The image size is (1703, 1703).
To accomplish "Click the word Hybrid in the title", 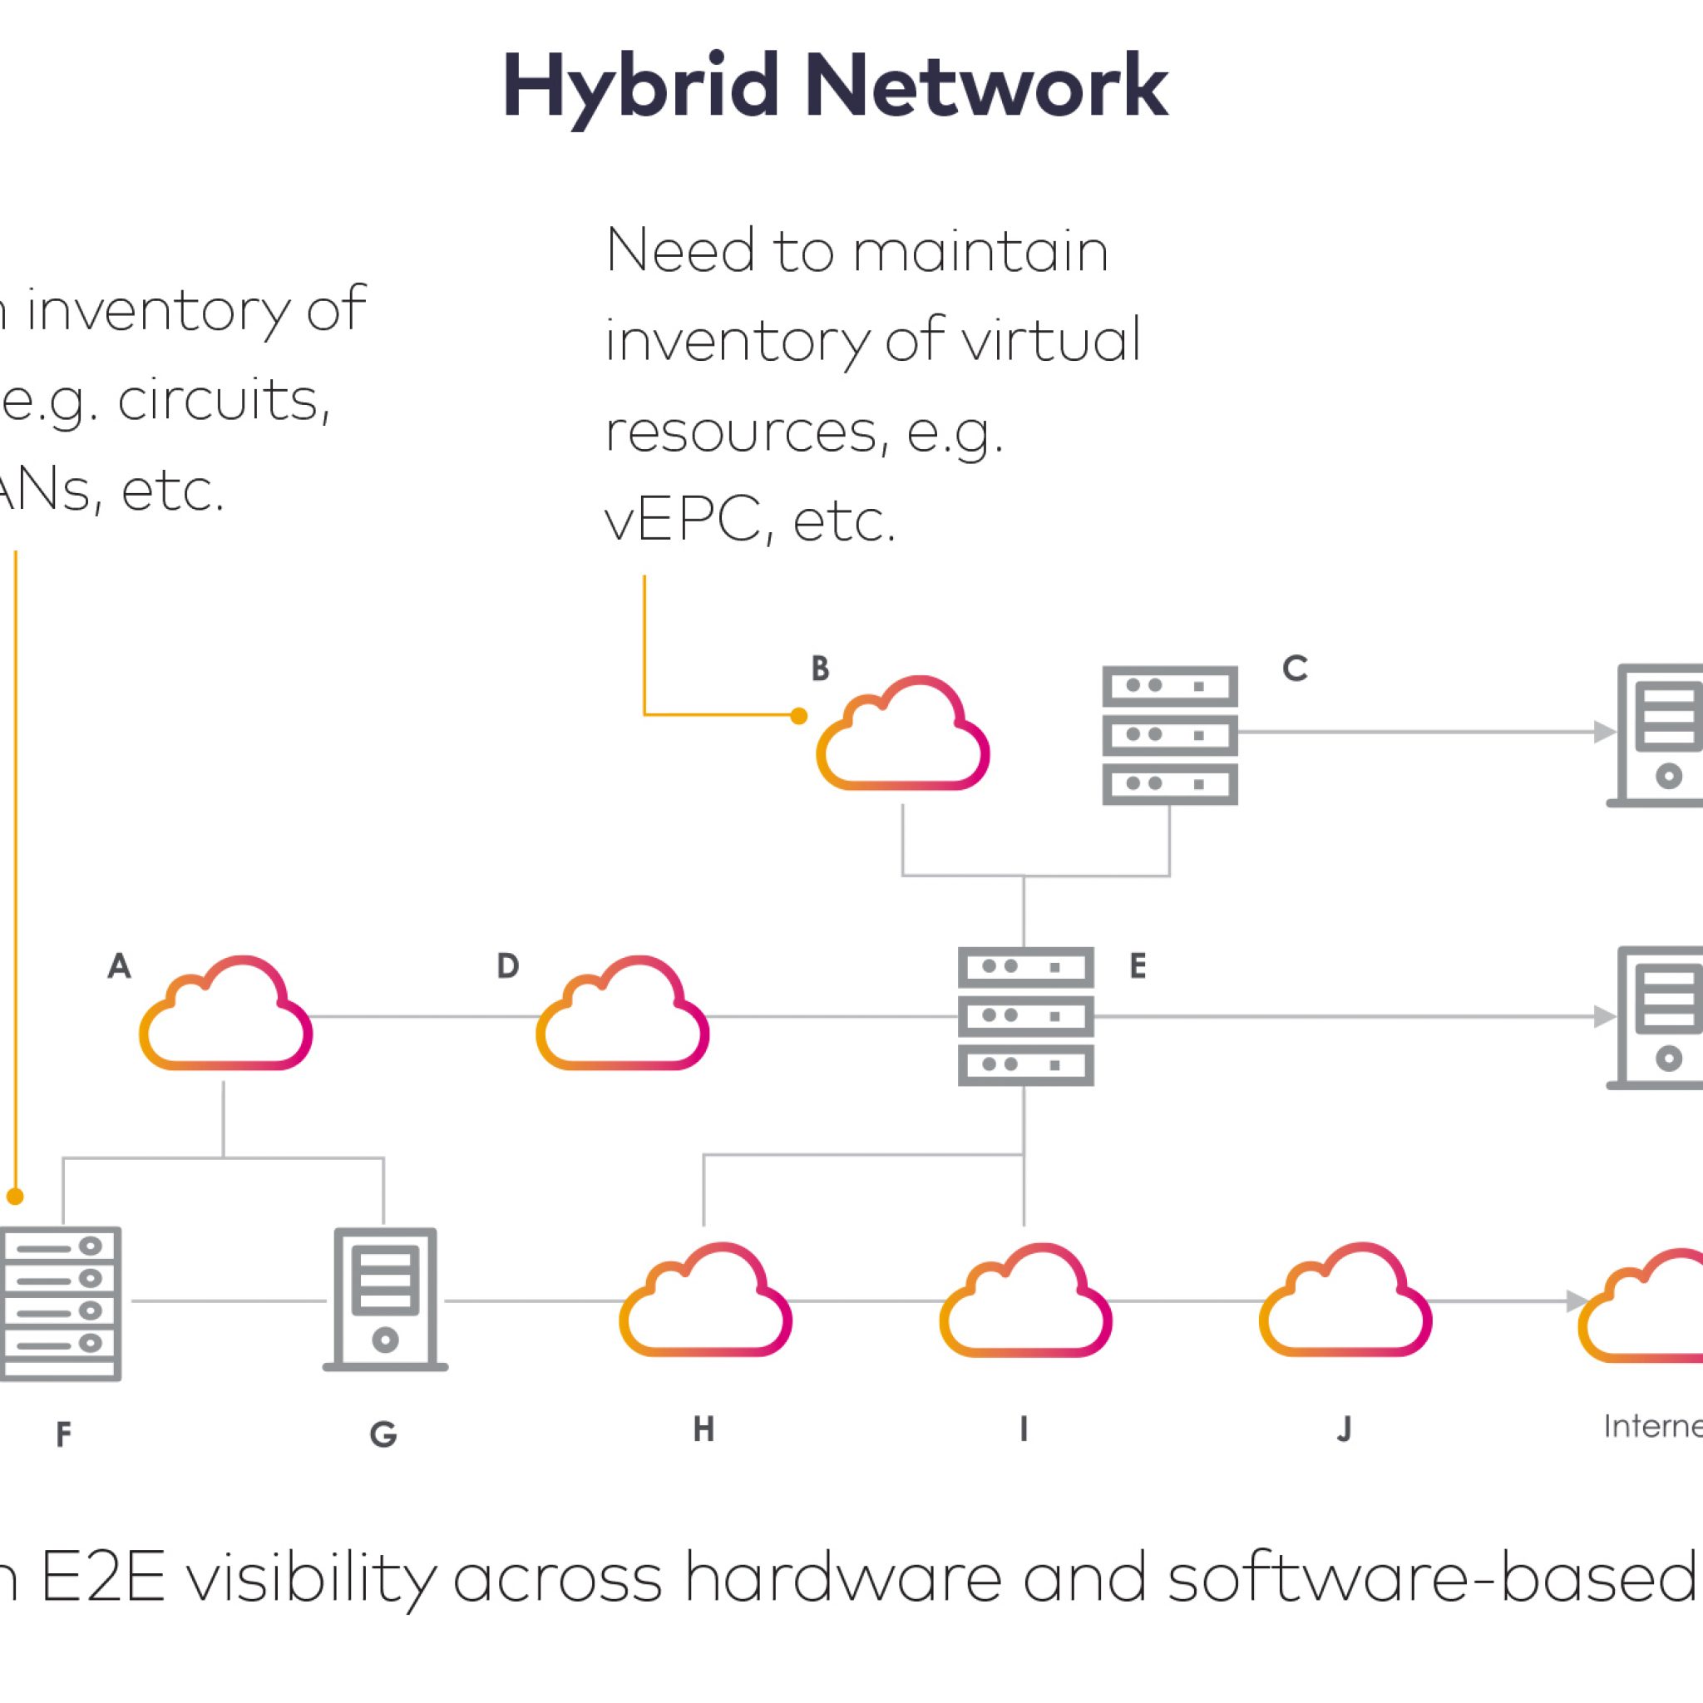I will [640, 86].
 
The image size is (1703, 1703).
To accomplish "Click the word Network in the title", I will [985, 86].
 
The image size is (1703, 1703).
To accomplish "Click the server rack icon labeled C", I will [1170, 735].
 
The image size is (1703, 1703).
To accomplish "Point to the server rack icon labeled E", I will [1026, 1015].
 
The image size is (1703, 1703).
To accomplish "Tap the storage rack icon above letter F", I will [60, 1303].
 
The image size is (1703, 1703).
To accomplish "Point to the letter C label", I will [1294, 669].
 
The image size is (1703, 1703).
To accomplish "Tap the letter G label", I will [383, 1435].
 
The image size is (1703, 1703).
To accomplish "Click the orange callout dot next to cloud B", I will [798, 716].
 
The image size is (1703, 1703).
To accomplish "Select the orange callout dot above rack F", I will [15, 1196].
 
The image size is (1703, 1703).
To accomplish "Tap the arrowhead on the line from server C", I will [1604, 732].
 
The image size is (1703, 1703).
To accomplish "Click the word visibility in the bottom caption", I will [310, 1577].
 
